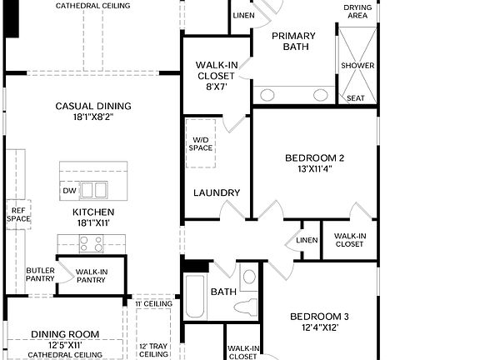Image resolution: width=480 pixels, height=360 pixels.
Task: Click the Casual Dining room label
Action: [93, 106]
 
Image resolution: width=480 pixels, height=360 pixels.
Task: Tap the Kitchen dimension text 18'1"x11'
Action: [92, 223]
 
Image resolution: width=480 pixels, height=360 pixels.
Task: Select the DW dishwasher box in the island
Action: [70, 191]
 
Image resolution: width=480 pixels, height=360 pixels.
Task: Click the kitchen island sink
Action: [93, 190]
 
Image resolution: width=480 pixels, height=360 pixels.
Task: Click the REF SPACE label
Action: [18, 214]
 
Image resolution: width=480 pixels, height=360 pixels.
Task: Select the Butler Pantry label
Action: [40, 276]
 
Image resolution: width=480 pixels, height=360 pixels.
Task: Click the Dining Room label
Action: [65, 334]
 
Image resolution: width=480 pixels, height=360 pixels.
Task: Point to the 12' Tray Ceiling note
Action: [154, 349]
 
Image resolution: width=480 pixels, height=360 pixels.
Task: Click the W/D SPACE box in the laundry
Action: [201, 143]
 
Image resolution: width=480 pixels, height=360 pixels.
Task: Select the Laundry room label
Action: [217, 193]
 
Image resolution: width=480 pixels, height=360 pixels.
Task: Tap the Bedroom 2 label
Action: [314, 158]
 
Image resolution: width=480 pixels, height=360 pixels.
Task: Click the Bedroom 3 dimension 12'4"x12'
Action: [319, 327]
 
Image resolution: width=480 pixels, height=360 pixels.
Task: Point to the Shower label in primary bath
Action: [357, 66]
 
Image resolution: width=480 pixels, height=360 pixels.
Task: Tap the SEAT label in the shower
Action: [356, 98]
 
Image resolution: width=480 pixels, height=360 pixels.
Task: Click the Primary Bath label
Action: [294, 41]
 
